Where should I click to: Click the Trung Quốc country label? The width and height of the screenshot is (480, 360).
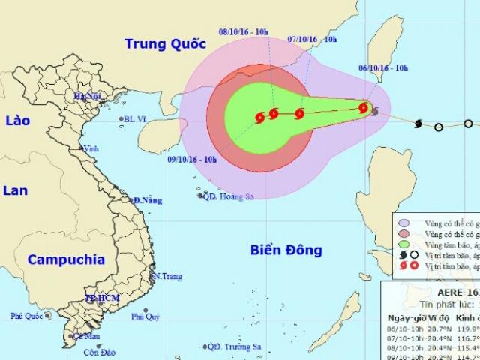click(x=164, y=43)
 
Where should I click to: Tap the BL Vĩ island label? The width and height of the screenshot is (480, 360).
click(x=134, y=119)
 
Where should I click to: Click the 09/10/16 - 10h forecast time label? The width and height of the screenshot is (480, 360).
click(x=192, y=158)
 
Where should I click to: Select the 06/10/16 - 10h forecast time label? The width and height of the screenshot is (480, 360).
click(x=382, y=68)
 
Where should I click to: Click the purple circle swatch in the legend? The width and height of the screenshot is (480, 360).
click(x=404, y=223)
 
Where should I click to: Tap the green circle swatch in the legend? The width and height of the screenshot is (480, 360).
click(x=404, y=244)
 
